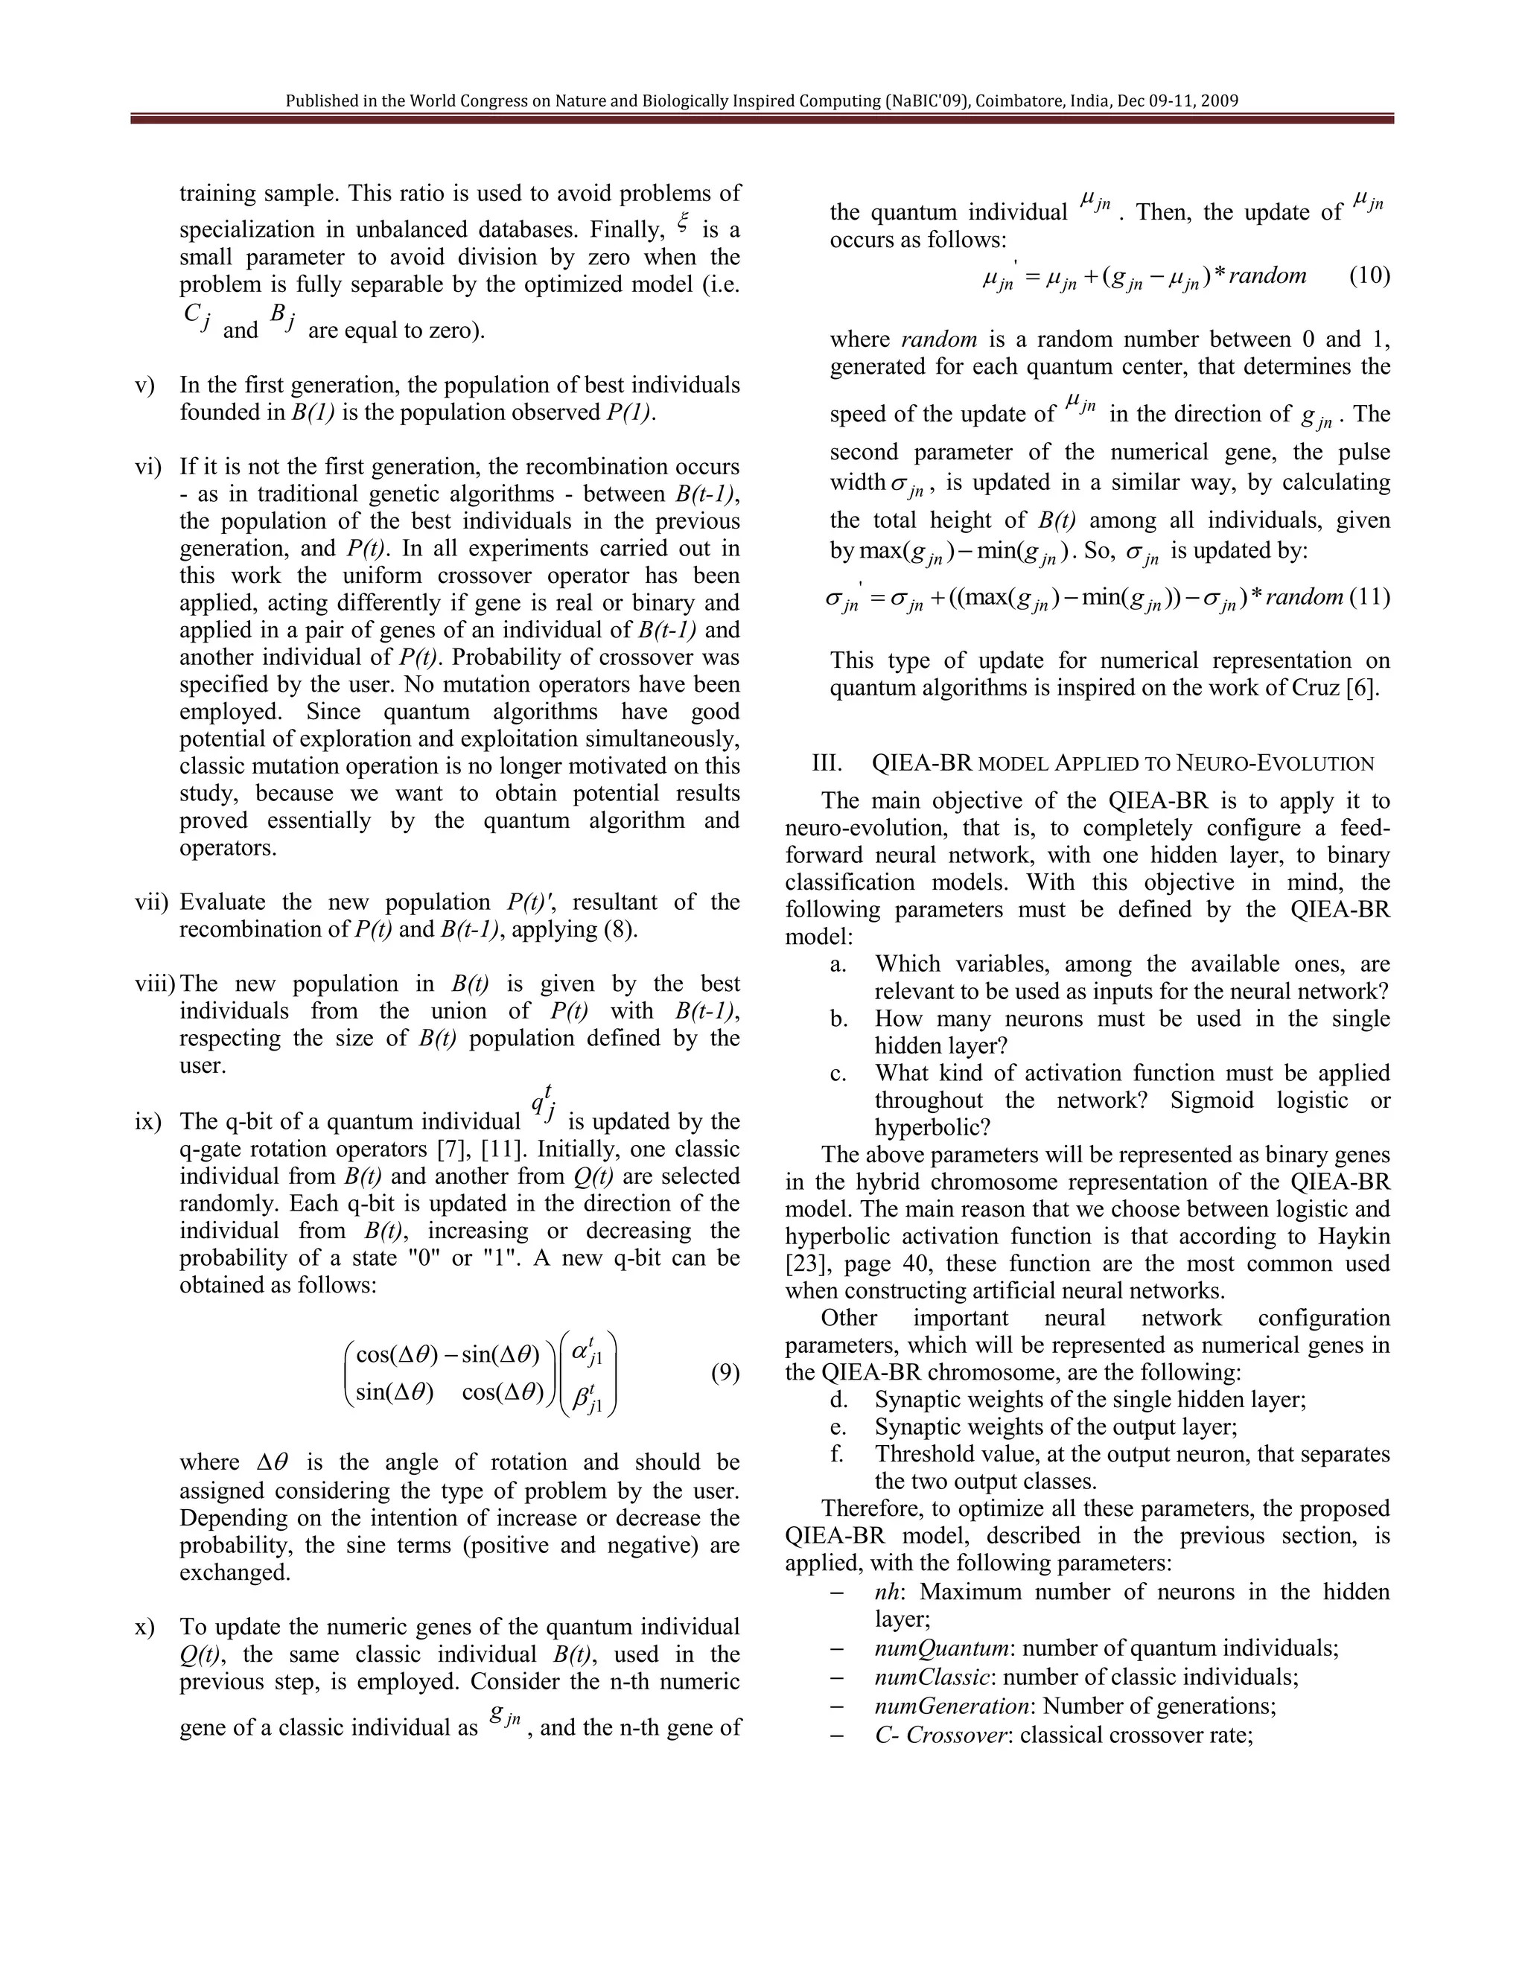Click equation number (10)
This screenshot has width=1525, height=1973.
click(x=1369, y=275)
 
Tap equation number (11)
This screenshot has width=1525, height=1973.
click(x=1372, y=596)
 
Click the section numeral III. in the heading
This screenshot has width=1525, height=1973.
click(x=827, y=763)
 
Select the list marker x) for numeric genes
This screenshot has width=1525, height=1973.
click(x=144, y=1626)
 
